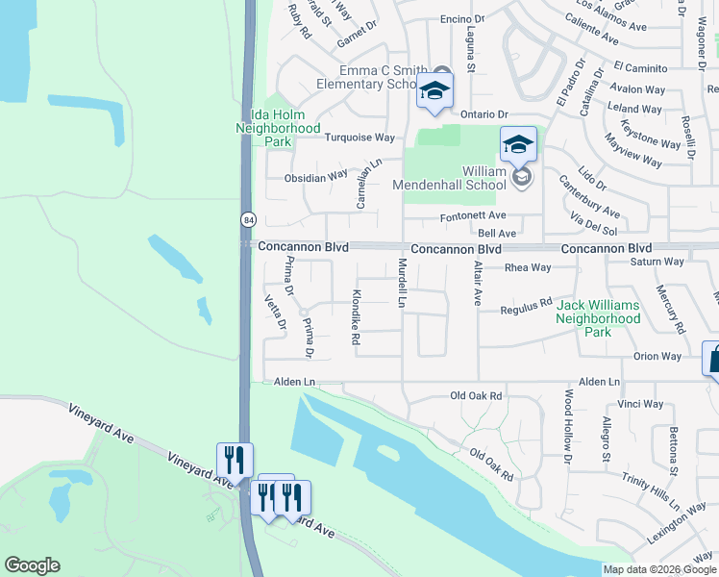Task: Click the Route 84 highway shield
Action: tap(247, 220)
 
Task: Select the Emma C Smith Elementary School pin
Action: tap(434, 93)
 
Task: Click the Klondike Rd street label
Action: tap(356, 317)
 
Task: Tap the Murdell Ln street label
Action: tap(403, 283)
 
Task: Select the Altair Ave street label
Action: tap(477, 283)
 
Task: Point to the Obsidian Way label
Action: tap(315, 177)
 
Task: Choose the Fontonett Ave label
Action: tap(473, 216)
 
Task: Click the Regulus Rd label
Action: tap(526, 308)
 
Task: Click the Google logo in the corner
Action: tap(33, 565)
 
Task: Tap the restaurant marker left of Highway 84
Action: tap(235, 461)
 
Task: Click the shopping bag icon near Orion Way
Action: tap(713, 359)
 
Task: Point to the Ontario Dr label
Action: tap(483, 114)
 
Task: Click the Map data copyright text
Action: tap(660, 569)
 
